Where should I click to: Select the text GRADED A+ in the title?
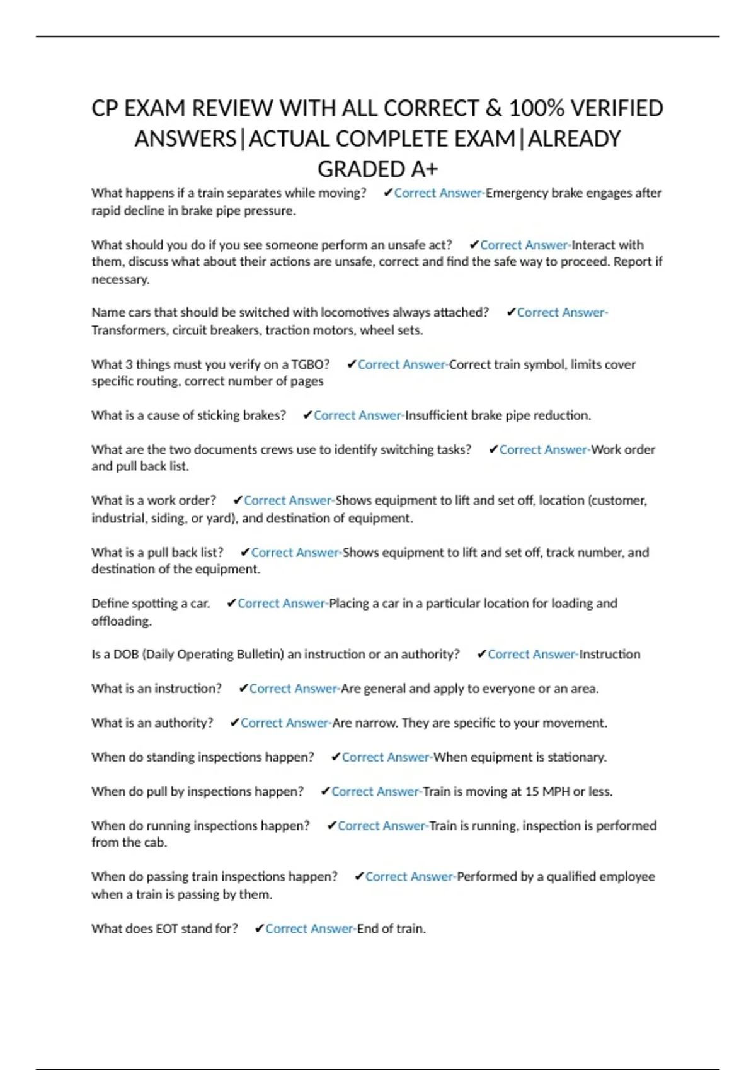tap(377, 169)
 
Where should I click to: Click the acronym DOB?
tap(126, 655)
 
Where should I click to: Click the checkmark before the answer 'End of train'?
tap(258, 928)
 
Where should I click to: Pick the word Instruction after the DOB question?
tap(610, 655)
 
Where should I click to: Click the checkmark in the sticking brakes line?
tap(307, 415)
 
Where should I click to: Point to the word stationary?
tap(576, 757)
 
